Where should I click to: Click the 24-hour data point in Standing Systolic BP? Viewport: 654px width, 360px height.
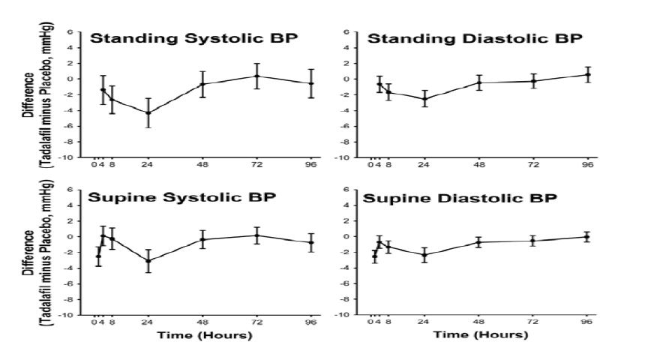[148, 112]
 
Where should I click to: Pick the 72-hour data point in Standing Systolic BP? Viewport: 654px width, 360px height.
[257, 76]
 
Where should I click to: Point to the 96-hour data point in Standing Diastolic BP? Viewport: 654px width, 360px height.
[587, 74]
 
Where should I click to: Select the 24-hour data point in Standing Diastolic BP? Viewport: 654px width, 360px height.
[424, 98]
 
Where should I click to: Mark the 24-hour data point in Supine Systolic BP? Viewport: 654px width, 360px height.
[148, 261]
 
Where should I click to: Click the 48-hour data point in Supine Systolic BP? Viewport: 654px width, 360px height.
[202, 239]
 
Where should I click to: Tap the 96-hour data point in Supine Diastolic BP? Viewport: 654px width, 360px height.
[587, 237]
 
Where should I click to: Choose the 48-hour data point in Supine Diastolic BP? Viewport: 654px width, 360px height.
[478, 242]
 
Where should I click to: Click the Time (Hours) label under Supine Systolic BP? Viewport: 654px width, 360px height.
[204, 335]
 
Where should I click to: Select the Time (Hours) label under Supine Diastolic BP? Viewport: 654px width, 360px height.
[479, 335]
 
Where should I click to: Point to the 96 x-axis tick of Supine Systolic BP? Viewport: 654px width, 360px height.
[311, 322]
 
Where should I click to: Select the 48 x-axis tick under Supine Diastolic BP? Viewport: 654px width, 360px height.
[478, 322]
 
